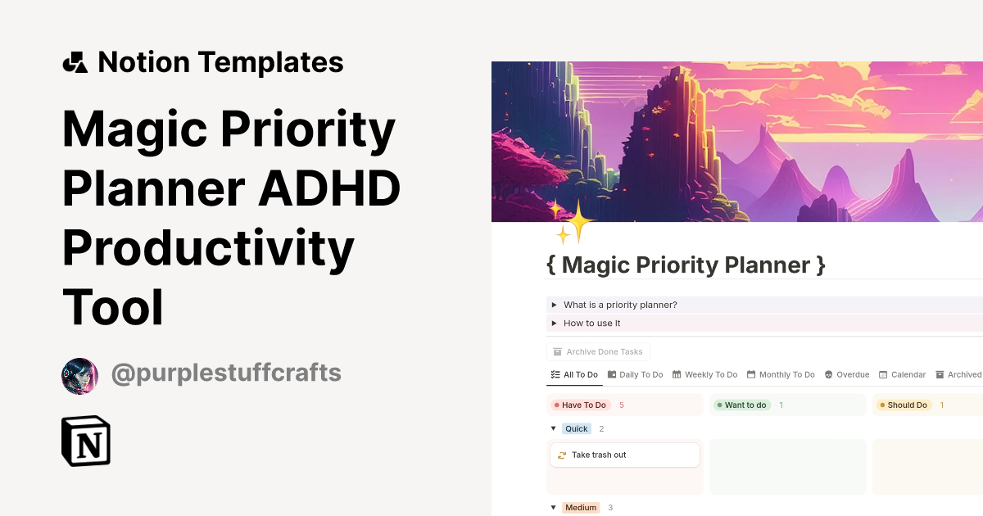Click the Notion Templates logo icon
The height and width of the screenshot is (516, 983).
[75, 62]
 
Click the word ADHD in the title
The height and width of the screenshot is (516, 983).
[329, 188]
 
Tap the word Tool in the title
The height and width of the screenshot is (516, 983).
[113, 308]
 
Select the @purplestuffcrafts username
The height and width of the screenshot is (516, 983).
[226, 374]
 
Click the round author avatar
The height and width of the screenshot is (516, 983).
[80, 376]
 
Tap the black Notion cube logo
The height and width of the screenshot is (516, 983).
[86, 441]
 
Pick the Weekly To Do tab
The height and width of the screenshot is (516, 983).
[704, 374]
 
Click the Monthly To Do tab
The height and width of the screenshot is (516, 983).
[780, 374]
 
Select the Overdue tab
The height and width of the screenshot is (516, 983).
[847, 374]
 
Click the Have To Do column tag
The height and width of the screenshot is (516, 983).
[580, 405]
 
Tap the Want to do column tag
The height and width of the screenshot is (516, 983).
[741, 405]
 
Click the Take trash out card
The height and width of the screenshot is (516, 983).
[624, 455]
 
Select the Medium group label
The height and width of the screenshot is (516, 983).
[581, 508]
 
